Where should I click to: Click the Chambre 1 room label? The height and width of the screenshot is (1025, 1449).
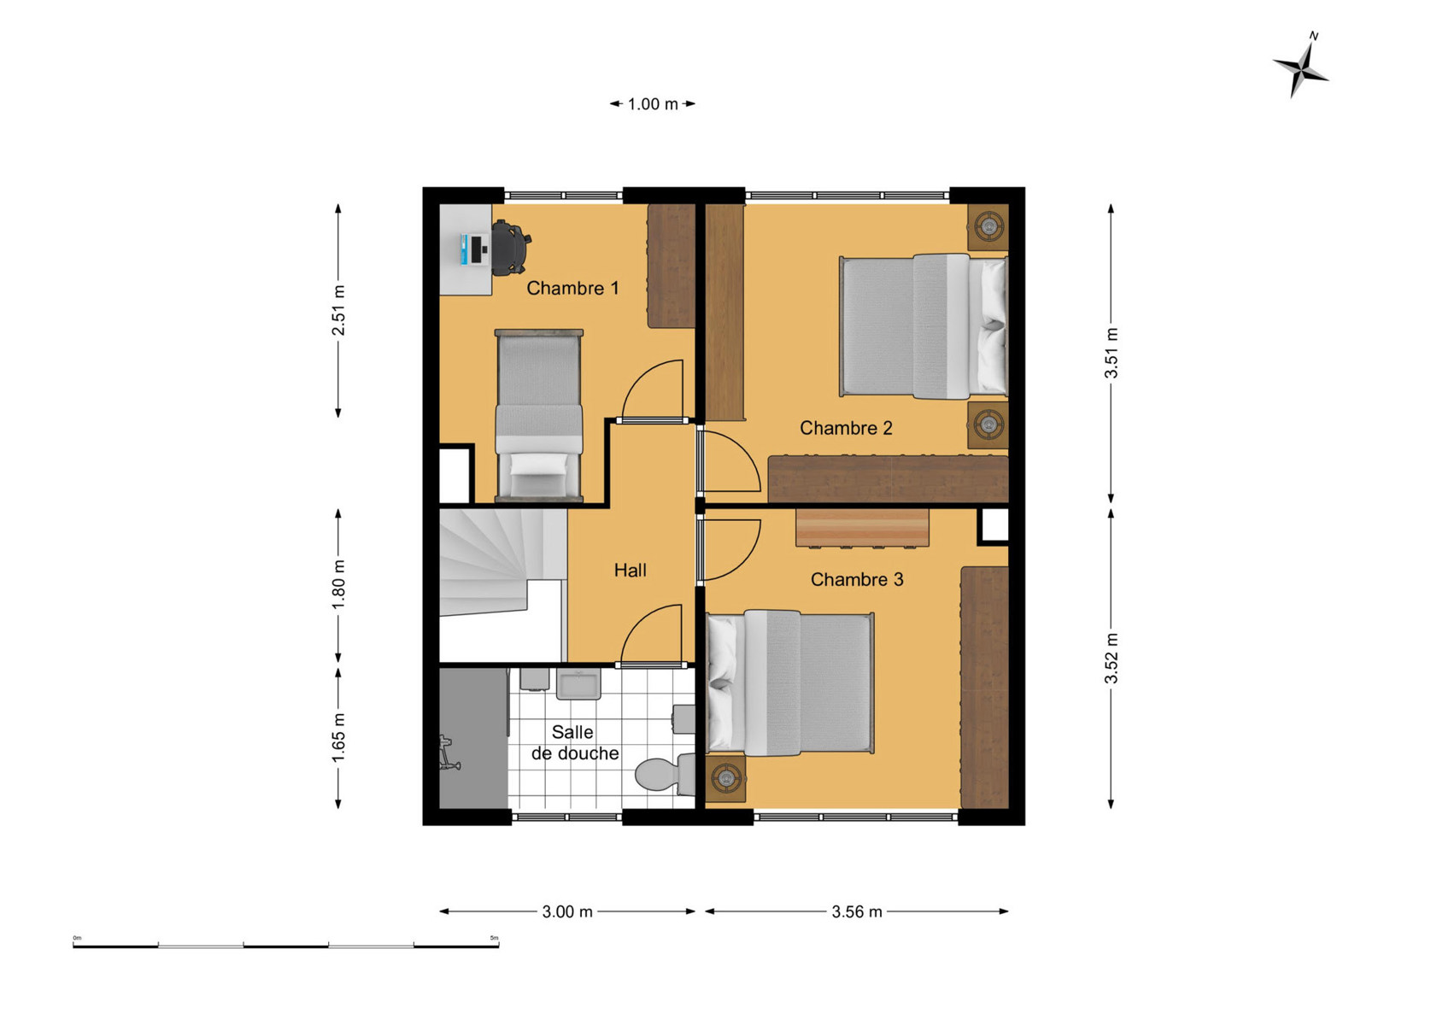click(x=572, y=289)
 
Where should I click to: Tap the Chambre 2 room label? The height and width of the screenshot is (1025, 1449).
click(x=846, y=428)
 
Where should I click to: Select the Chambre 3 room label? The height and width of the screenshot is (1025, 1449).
click(x=857, y=579)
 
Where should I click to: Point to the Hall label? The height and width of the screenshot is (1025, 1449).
click(x=630, y=571)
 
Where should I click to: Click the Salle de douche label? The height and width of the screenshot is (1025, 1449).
click(x=574, y=743)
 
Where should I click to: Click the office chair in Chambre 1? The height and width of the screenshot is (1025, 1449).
click(x=511, y=248)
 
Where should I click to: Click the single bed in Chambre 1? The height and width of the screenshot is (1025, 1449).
click(x=539, y=416)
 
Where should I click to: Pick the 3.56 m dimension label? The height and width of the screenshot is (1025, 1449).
click(x=856, y=912)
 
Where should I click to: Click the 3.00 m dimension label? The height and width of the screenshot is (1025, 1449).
click(x=567, y=912)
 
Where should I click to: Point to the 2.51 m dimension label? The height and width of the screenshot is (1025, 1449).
click(x=338, y=310)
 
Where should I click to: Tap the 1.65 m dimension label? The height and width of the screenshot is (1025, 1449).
click(x=338, y=738)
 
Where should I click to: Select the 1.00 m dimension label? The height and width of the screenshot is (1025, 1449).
click(x=653, y=104)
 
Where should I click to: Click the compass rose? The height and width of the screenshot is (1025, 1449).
click(x=1301, y=67)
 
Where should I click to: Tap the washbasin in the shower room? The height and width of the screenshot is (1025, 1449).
click(x=579, y=684)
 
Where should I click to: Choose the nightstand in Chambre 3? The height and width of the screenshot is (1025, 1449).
click(x=726, y=778)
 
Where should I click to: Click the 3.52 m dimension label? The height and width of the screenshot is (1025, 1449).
click(x=1112, y=659)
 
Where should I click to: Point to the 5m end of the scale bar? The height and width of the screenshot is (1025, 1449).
click(x=498, y=946)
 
